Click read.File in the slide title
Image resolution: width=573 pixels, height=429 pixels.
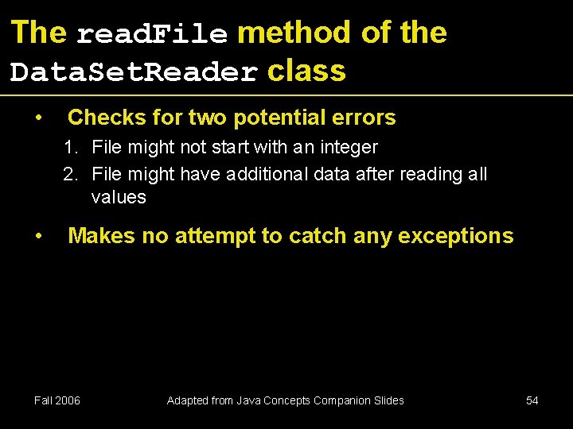[x=152, y=34]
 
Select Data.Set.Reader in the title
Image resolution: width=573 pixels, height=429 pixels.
[x=134, y=73]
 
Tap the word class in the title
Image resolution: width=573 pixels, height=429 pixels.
[x=306, y=71]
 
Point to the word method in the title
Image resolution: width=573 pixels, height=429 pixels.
[x=294, y=33]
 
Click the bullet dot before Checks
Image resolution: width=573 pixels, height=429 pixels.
[x=38, y=118]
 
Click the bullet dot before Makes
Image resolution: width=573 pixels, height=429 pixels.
[x=38, y=237]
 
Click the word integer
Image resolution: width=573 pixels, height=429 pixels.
[x=348, y=147]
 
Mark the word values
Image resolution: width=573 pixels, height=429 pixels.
[x=119, y=197]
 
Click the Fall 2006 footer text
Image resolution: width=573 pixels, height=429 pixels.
[x=57, y=400]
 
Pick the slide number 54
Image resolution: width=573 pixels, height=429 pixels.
[x=532, y=400]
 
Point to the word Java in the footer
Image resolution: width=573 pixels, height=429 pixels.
[x=247, y=400]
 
